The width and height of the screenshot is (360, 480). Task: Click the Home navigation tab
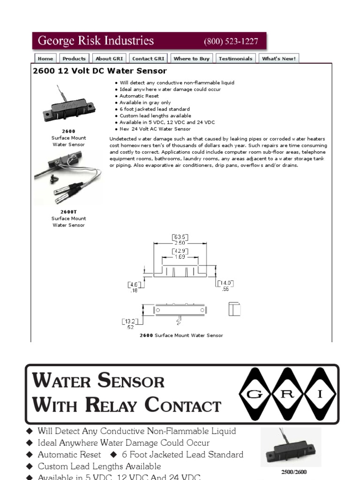pyautogui.click(x=45, y=59)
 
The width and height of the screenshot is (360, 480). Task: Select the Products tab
pyautogui.click(x=74, y=59)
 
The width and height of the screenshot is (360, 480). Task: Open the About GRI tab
pyautogui.click(x=109, y=59)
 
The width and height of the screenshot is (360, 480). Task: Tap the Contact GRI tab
pyautogui.click(x=148, y=59)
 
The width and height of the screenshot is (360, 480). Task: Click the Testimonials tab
pyautogui.click(x=235, y=59)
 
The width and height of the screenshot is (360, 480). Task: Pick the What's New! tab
pyautogui.click(x=278, y=59)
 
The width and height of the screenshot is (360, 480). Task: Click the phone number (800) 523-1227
pyautogui.click(x=231, y=41)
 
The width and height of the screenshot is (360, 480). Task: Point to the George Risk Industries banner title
pyautogui.click(x=96, y=41)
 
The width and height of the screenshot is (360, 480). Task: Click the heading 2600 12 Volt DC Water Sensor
pyautogui.click(x=99, y=71)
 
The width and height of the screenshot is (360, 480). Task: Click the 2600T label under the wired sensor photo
pyautogui.click(x=68, y=212)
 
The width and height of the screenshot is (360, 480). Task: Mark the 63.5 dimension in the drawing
pyautogui.click(x=180, y=237)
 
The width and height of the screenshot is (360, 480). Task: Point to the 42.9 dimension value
pyautogui.click(x=180, y=251)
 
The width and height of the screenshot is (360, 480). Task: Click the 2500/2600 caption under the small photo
pyautogui.click(x=293, y=472)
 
